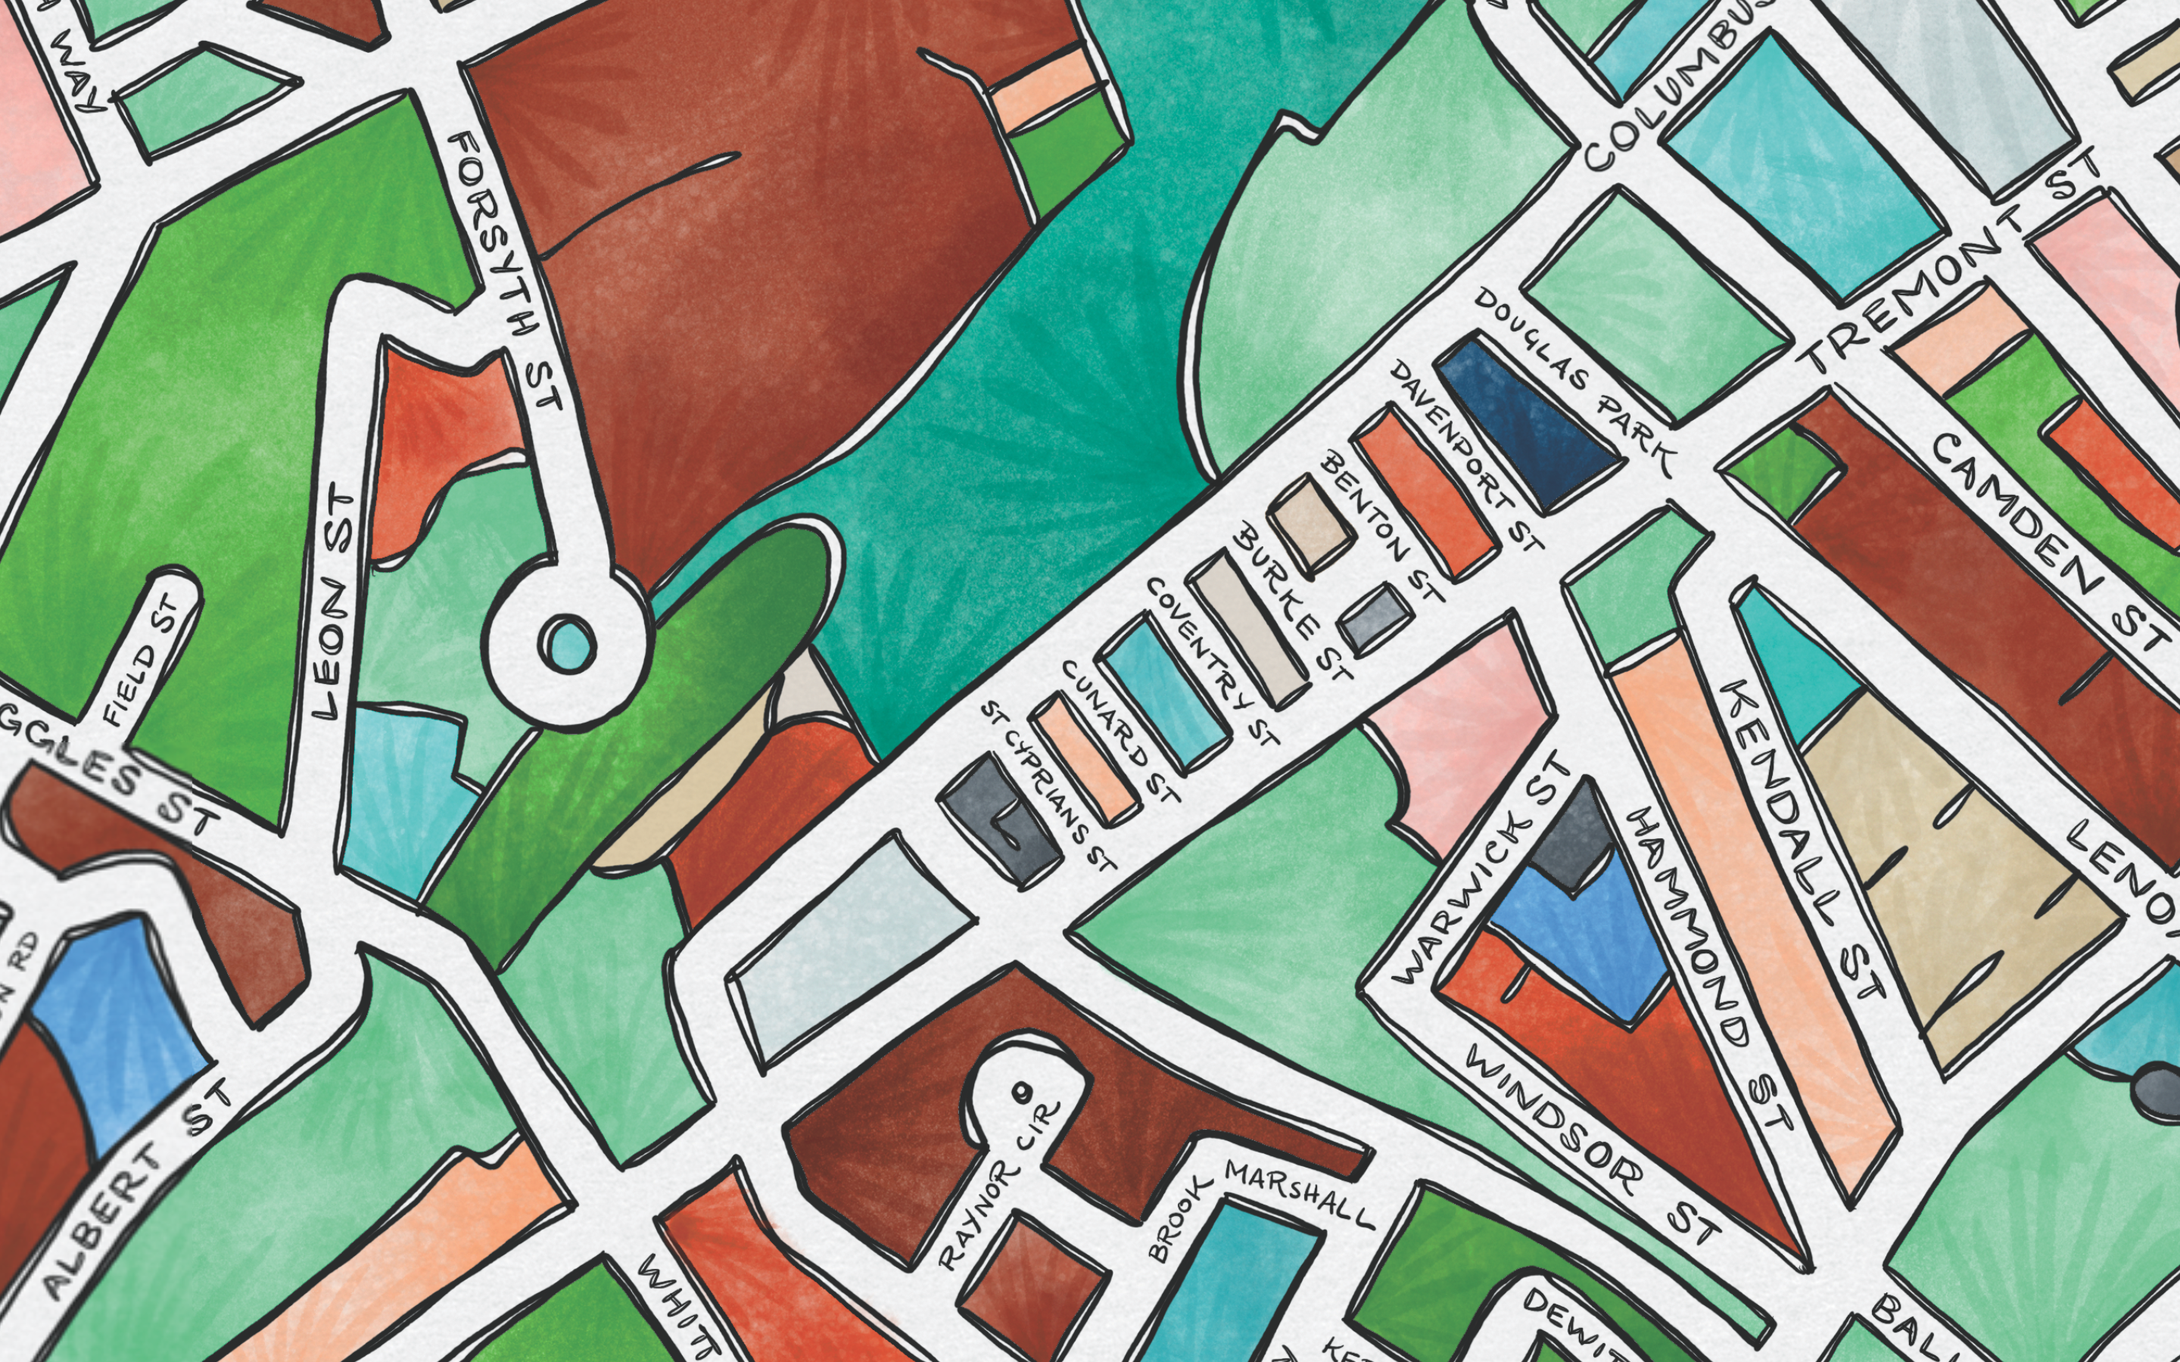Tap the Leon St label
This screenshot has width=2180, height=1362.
tap(333, 604)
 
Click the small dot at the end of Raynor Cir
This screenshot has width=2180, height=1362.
tap(1020, 1092)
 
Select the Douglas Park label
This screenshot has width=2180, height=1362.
tap(1572, 383)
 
